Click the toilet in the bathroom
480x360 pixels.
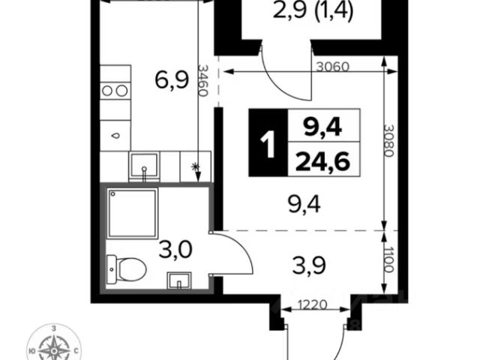[x=127, y=269]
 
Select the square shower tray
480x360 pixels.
[x=132, y=213]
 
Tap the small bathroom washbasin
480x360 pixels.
[x=179, y=280]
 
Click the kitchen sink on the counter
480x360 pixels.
[x=144, y=166]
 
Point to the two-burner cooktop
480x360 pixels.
[x=115, y=91]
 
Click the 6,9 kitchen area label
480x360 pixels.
[x=172, y=81]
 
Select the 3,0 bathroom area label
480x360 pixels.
[x=175, y=250]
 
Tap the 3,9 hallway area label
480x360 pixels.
[x=309, y=265]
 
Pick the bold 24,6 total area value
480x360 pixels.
[x=322, y=161]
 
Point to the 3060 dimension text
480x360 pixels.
[x=332, y=67]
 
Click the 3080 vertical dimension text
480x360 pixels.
[x=388, y=141]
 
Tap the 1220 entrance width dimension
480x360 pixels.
[x=313, y=304]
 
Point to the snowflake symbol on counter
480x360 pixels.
[x=195, y=166]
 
